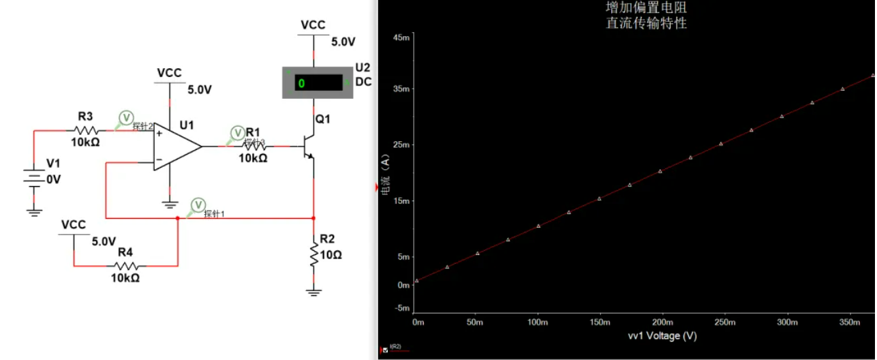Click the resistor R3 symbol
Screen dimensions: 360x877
(x=85, y=130)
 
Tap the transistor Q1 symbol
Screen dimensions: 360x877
(x=309, y=147)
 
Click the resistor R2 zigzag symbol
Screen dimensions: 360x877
(x=313, y=254)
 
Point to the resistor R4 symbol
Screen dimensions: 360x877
(x=125, y=267)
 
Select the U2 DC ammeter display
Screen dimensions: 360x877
(x=318, y=83)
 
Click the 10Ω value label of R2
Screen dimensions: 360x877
(x=330, y=255)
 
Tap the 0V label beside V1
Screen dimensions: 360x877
(x=53, y=179)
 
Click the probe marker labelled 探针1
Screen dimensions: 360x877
(x=198, y=205)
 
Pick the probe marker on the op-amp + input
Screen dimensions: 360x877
(x=125, y=117)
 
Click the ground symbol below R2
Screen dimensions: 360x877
(x=313, y=292)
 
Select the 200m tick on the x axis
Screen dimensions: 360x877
(x=663, y=322)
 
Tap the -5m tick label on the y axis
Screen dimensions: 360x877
(x=401, y=307)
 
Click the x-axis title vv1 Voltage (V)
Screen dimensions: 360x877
(x=662, y=336)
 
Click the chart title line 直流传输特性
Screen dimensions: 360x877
(x=646, y=23)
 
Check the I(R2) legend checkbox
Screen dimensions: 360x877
(x=386, y=350)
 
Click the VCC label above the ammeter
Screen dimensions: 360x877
(x=313, y=25)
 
